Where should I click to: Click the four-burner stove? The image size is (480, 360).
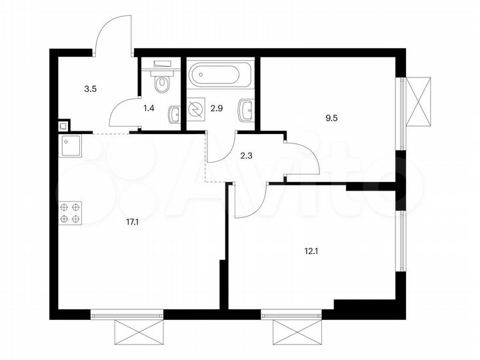[x=70, y=212]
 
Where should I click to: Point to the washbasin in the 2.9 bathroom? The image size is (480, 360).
[x=246, y=109]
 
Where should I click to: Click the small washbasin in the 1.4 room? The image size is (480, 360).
[x=174, y=114]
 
